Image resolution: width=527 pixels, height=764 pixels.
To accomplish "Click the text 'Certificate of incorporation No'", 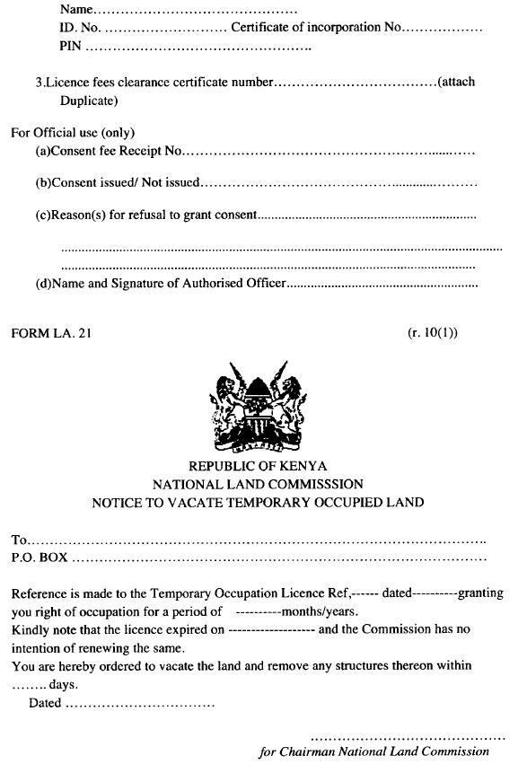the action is [313, 28].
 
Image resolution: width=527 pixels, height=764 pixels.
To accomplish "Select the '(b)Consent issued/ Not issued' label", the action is [118, 182].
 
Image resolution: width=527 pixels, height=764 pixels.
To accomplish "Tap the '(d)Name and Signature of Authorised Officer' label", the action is [161, 284].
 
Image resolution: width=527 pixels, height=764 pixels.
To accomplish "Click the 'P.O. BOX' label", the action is [40, 558].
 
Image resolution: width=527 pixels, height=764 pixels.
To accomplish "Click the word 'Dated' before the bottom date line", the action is [45, 703].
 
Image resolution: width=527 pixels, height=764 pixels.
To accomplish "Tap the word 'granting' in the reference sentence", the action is [481, 593].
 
